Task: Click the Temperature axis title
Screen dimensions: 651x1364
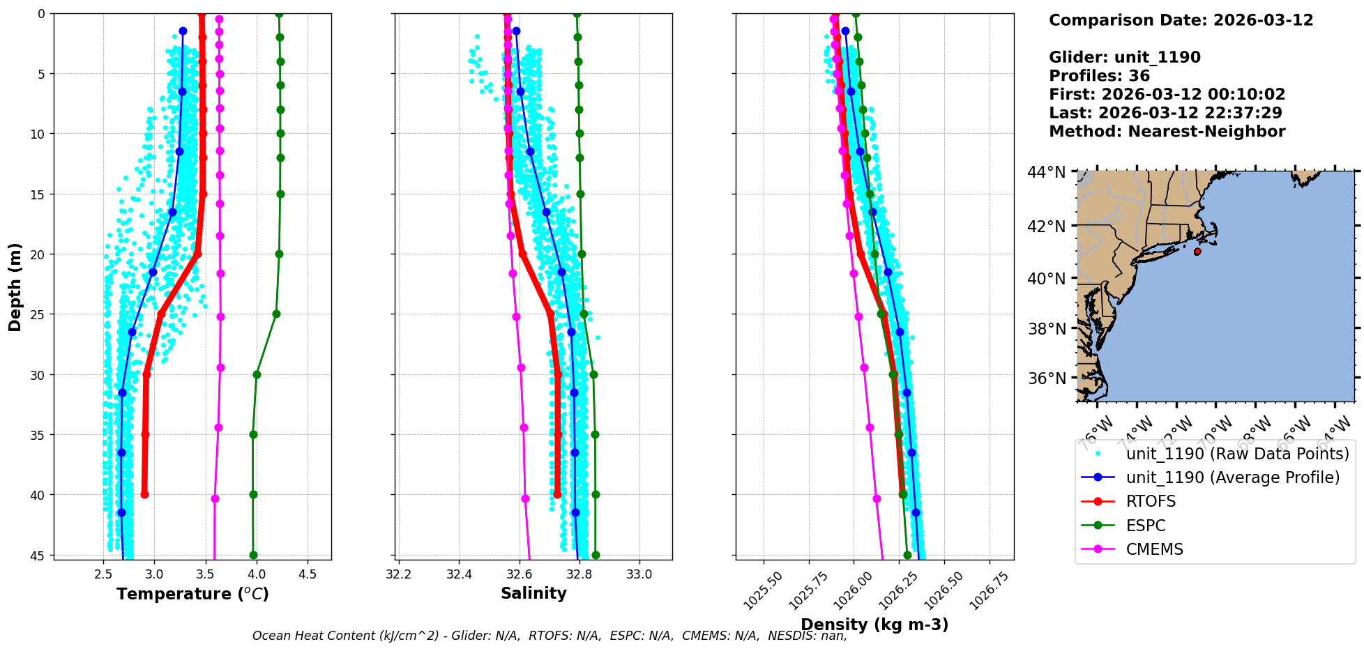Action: [192, 594]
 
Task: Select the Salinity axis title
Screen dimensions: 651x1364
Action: [533, 593]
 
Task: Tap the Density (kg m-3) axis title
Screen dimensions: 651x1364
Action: [874, 625]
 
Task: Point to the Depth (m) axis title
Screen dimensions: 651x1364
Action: [15, 286]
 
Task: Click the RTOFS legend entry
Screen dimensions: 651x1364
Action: [1151, 502]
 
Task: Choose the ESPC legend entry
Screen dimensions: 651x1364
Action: [1146, 526]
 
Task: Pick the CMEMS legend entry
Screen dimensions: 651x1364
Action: [1154, 549]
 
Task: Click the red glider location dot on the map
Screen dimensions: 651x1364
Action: [1197, 252]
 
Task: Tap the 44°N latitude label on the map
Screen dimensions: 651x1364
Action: [1046, 172]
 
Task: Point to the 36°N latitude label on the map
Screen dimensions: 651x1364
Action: [1046, 378]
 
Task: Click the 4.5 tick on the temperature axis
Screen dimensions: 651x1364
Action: [308, 574]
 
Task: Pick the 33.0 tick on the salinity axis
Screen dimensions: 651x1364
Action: [639, 574]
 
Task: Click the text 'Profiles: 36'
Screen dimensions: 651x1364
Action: [1099, 76]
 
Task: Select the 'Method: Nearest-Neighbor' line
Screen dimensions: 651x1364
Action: [1167, 132]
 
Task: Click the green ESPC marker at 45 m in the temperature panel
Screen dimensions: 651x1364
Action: [253, 556]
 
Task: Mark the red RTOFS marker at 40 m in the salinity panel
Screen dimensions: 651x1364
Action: [557, 494]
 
